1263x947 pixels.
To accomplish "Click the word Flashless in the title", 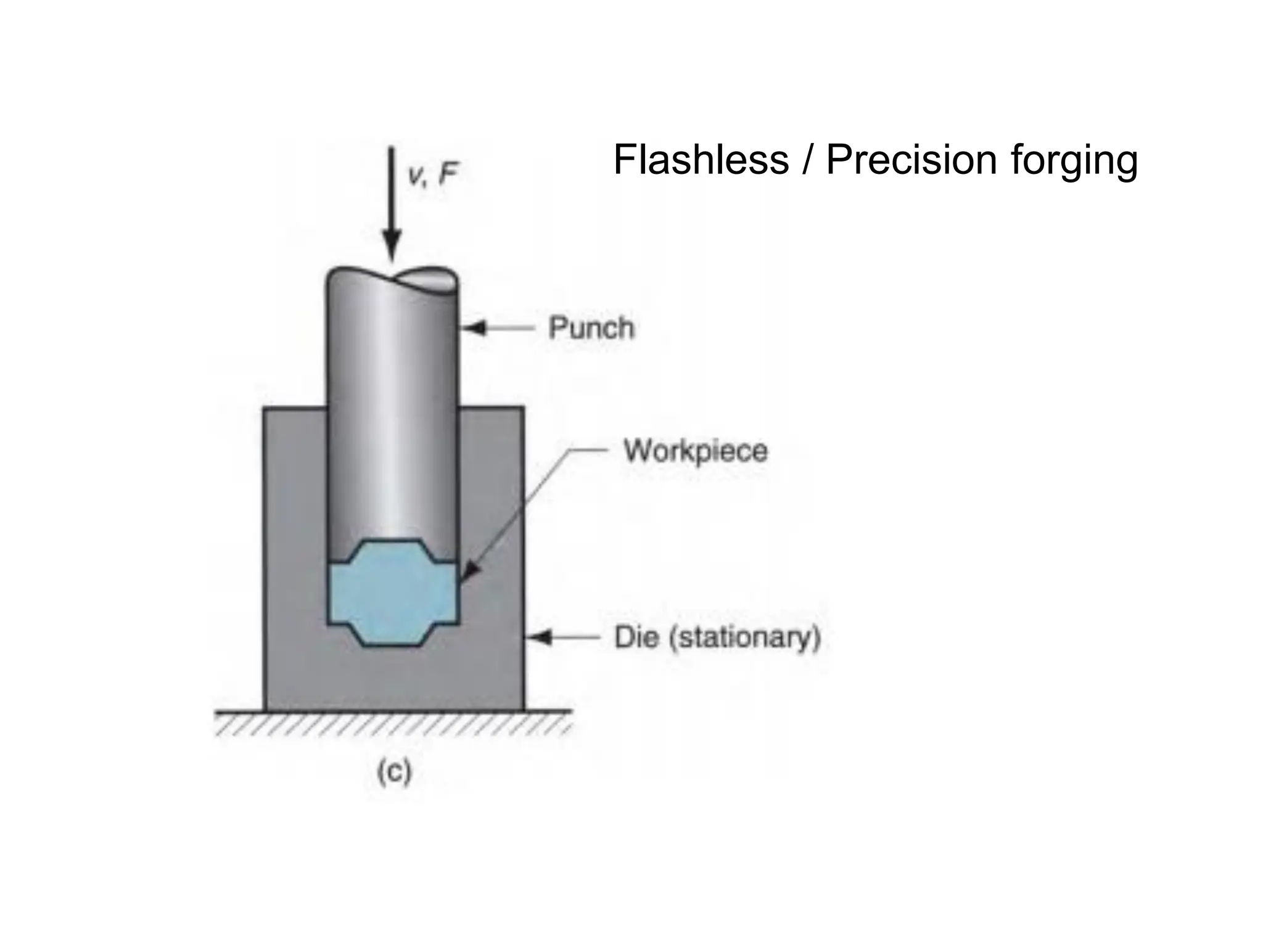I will (x=701, y=160).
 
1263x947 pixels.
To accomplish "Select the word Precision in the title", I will (x=911, y=160).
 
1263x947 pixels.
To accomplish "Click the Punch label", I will (x=591, y=328).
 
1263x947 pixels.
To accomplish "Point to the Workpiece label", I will (x=696, y=451).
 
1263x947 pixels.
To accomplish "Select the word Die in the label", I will (x=636, y=637).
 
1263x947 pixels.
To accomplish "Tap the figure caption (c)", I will (x=393, y=772).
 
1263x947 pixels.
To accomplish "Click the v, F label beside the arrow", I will (x=433, y=176).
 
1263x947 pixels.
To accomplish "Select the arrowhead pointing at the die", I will (x=538, y=637).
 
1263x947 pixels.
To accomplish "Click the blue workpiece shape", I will (x=392, y=595).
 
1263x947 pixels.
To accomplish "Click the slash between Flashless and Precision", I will (x=807, y=160).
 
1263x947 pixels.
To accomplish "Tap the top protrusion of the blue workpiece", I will (x=392, y=552).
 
